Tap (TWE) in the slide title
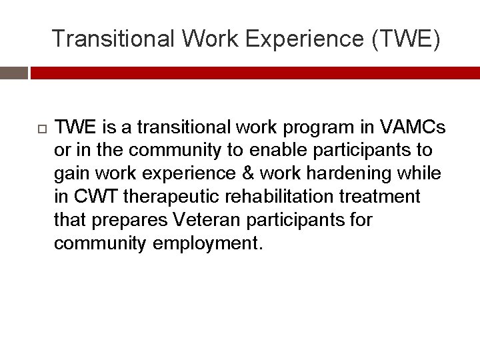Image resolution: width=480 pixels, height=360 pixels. pyautogui.click(x=408, y=39)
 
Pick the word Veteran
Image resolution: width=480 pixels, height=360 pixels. pyautogui.click(x=205, y=220)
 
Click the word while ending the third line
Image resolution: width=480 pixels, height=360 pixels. pyautogui.click(x=421, y=173)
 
